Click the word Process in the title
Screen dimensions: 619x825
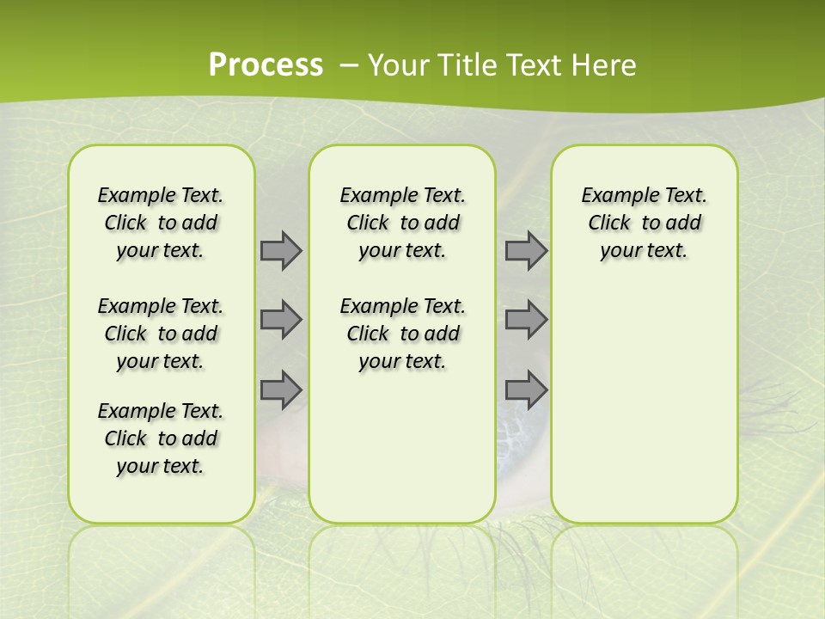coord(266,64)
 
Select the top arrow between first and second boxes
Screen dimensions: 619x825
coord(281,250)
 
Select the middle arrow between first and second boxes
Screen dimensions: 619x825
coord(281,320)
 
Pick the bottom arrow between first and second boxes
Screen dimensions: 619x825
coord(281,389)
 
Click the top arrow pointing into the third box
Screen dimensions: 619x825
coord(526,250)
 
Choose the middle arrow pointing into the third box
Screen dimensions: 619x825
coord(526,320)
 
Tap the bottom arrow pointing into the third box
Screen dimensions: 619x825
coord(526,389)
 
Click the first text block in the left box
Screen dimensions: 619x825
coord(161,223)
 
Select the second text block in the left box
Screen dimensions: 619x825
coord(161,334)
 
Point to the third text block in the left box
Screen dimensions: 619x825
coord(161,438)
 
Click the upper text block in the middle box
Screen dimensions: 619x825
coord(402,223)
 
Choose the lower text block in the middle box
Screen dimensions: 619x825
coord(402,334)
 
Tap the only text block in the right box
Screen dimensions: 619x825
coord(644,223)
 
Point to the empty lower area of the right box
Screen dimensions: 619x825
coord(644,404)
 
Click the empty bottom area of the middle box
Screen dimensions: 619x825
coord(402,456)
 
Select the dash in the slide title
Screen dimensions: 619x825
coord(349,64)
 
